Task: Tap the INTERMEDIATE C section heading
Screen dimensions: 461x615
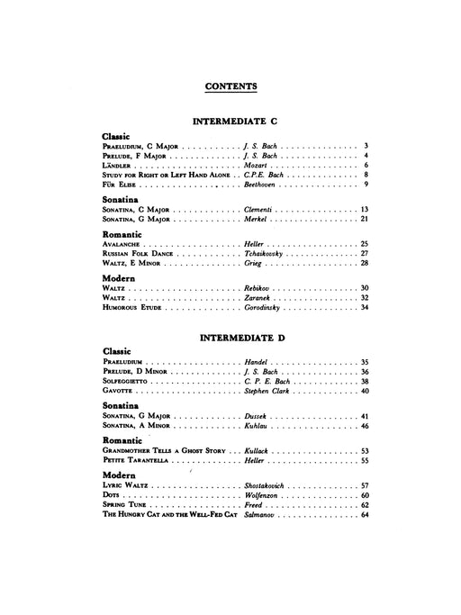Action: pos(230,120)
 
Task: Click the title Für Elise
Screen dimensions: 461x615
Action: pos(121,184)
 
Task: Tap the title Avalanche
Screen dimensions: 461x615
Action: pos(124,244)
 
